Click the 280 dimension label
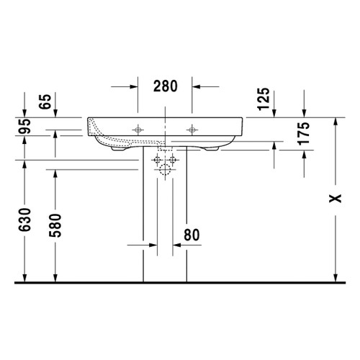point(166,86)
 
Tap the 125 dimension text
point(264,99)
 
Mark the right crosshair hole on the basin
point(192,130)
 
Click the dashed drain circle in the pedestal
point(165,171)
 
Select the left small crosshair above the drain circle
point(158,158)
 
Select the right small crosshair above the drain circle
point(172,158)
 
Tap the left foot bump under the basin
point(117,149)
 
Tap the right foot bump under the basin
point(215,148)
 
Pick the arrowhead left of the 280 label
point(134,86)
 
